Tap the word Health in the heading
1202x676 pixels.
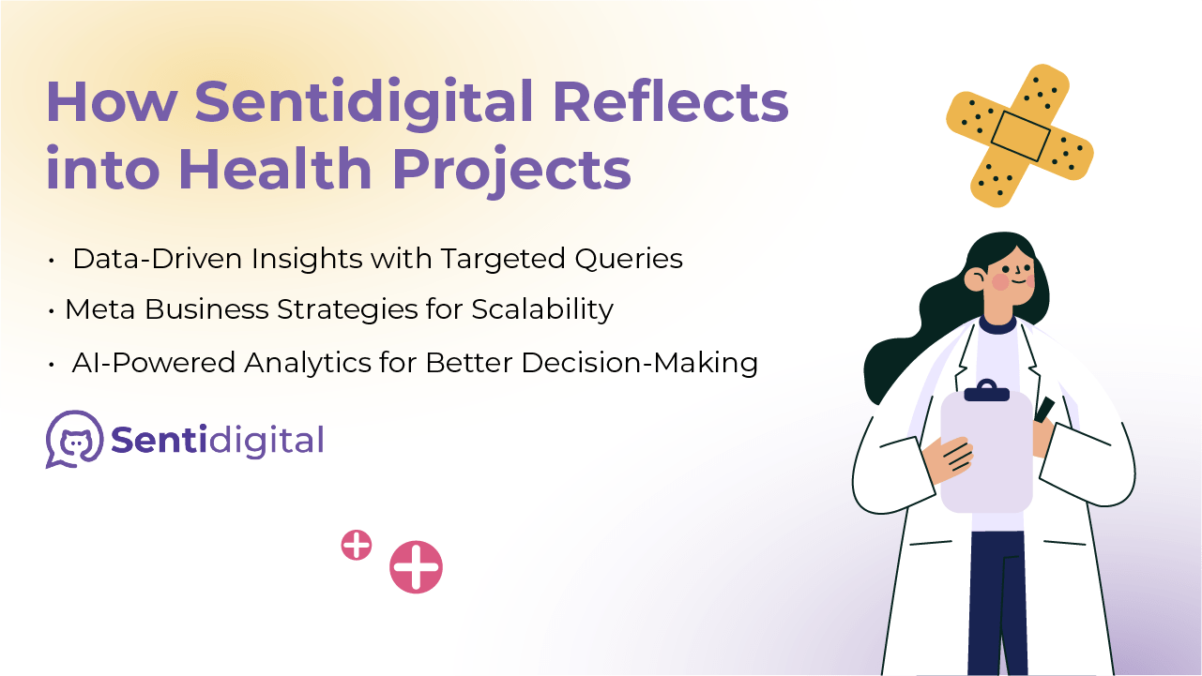275,170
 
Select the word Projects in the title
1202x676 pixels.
512,172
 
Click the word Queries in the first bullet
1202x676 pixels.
629,260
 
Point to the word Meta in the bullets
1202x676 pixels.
99,309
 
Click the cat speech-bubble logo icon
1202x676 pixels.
74,439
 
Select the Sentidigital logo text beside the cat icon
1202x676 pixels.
218,441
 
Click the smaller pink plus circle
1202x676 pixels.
357,545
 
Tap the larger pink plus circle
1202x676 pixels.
416,566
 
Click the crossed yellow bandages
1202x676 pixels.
1020,135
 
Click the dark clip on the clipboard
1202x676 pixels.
987,391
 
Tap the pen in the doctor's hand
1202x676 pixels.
1044,409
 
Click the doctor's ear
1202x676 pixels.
975,278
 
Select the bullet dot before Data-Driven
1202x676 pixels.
52,261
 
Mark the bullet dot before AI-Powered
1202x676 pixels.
52,365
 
